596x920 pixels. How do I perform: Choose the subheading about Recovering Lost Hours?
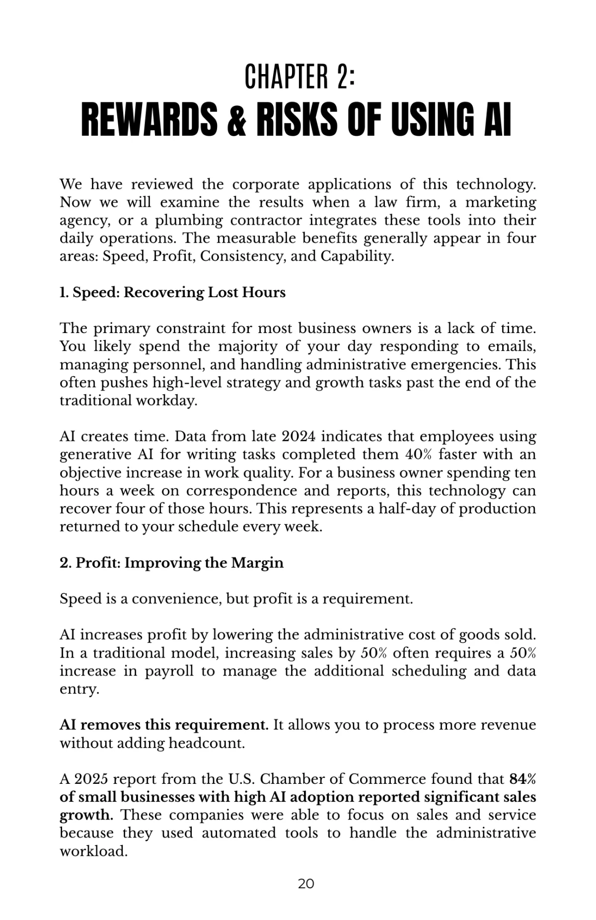(172, 292)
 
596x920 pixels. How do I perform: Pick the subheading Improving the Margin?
(171, 563)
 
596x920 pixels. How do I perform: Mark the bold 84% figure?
(523, 779)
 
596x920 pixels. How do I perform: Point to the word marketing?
(501, 202)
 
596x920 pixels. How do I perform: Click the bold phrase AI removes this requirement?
(164, 725)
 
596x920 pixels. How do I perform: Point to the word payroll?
(169, 671)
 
